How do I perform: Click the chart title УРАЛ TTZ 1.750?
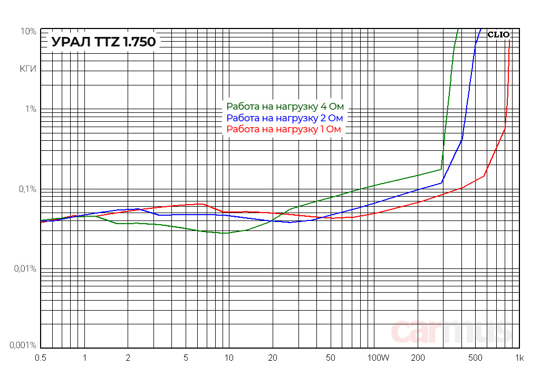pyautogui.click(x=104, y=42)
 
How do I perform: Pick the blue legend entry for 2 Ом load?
pyautogui.click(x=285, y=118)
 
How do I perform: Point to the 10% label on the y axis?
pyautogui.click(x=28, y=32)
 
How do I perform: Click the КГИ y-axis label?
pyautogui.click(x=28, y=69)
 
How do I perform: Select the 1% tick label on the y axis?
pyautogui.click(x=30, y=109)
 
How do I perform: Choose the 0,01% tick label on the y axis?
pyautogui.click(x=24, y=269)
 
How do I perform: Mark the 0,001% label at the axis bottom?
pyautogui.click(x=23, y=345)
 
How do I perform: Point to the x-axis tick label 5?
pyautogui.click(x=186, y=358)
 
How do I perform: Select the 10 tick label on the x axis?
pyautogui.click(x=229, y=358)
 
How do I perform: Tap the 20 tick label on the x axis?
pyautogui.click(x=272, y=358)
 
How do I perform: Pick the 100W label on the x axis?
pyautogui.click(x=378, y=358)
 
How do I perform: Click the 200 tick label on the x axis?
pyautogui.click(x=418, y=358)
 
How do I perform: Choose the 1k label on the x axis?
pyautogui.click(x=519, y=358)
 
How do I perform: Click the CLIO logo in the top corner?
pyautogui.click(x=498, y=35)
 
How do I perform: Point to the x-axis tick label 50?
pyautogui.click(x=331, y=358)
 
